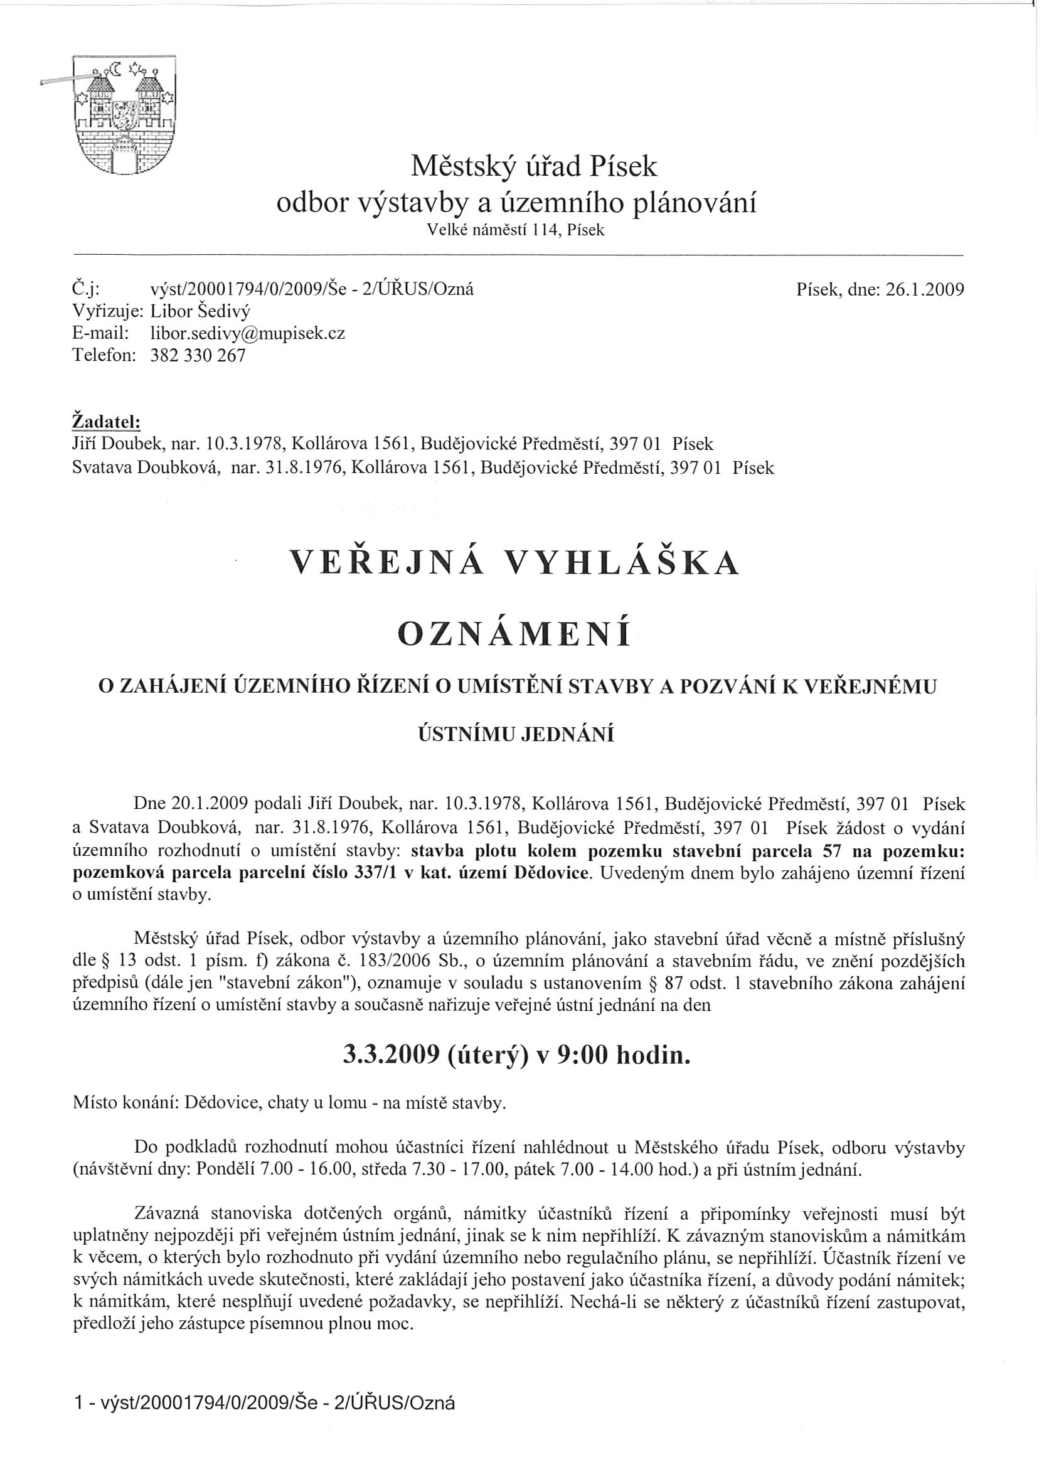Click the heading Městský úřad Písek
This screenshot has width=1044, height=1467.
click(534, 167)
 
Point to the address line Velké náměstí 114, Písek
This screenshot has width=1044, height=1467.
click(516, 230)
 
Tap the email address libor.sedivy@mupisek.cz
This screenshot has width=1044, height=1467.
click(247, 333)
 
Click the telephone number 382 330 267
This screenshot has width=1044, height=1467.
click(198, 356)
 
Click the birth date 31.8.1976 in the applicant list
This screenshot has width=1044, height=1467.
click(297, 468)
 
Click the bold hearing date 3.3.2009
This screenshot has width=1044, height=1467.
click(386, 1055)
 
